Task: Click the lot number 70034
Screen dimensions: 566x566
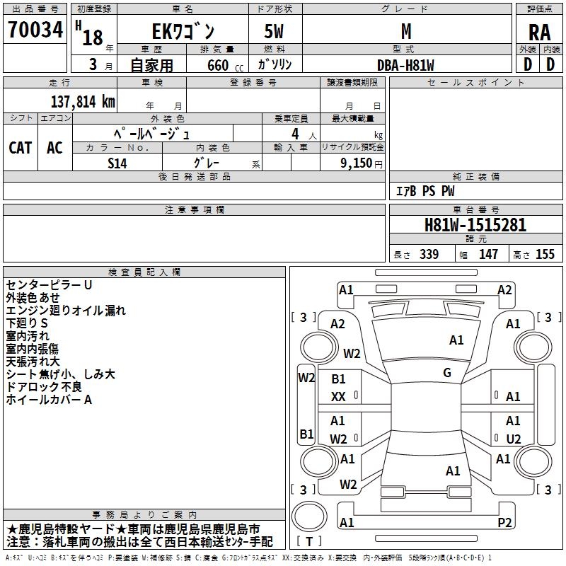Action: click(x=35, y=30)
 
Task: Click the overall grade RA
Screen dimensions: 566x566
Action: click(x=540, y=33)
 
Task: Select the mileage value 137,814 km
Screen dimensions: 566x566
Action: click(x=83, y=102)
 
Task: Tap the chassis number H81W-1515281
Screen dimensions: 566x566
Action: click(x=475, y=225)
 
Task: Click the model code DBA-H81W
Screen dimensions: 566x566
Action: click(x=405, y=65)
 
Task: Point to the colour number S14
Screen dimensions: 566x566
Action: click(x=117, y=163)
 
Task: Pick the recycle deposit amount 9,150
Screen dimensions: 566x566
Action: click(x=357, y=163)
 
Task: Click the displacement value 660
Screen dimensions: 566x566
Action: click(x=218, y=65)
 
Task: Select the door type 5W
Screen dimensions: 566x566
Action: click(x=274, y=31)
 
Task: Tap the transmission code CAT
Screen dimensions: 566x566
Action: click(x=21, y=148)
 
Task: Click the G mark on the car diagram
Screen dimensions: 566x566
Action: click(x=447, y=373)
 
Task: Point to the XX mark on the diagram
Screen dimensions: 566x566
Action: click(x=338, y=397)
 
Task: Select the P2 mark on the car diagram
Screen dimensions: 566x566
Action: click(x=504, y=522)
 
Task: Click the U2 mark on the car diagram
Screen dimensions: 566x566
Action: click(x=514, y=439)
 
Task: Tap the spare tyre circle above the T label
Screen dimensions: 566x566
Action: click(x=309, y=516)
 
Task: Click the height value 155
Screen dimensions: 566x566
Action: click(x=545, y=254)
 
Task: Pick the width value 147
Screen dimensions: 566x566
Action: click(x=488, y=254)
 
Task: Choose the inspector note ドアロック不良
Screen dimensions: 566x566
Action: click(x=44, y=387)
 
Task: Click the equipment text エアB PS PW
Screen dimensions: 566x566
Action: click(x=426, y=191)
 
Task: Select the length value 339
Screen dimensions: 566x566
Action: click(x=429, y=254)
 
